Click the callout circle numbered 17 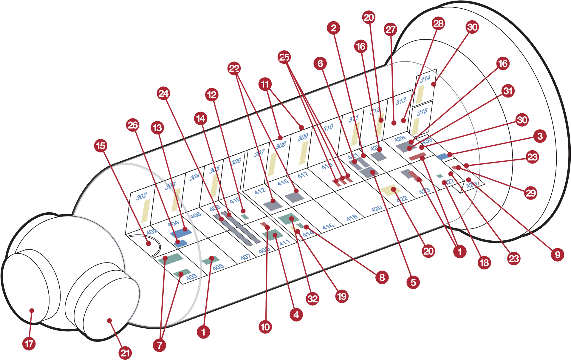[x=29, y=344]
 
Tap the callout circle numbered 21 [x=125, y=353]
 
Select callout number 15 [x=101, y=146]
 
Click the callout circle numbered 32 [x=312, y=299]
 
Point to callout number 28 [x=438, y=24]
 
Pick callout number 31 [x=508, y=91]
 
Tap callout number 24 [x=163, y=94]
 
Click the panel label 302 [x=141, y=196]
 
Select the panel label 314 [x=425, y=79]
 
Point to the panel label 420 [x=377, y=208]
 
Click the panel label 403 [x=191, y=277]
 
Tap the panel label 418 [x=352, y=218]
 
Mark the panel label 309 [x=303, y=137]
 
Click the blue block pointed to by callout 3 [x=442, y=156]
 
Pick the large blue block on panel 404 [x=181, y=233]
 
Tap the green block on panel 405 [x=211, y=260]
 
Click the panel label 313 [x=401, y=101]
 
